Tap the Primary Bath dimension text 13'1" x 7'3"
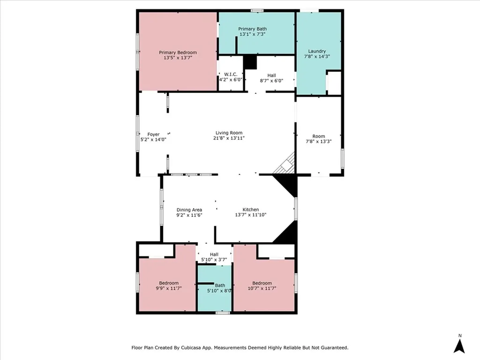[252, 34]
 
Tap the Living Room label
[229, 133]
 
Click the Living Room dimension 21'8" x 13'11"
[229, 138]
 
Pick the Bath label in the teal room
[220, 285]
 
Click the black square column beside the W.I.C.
[250, 62]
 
